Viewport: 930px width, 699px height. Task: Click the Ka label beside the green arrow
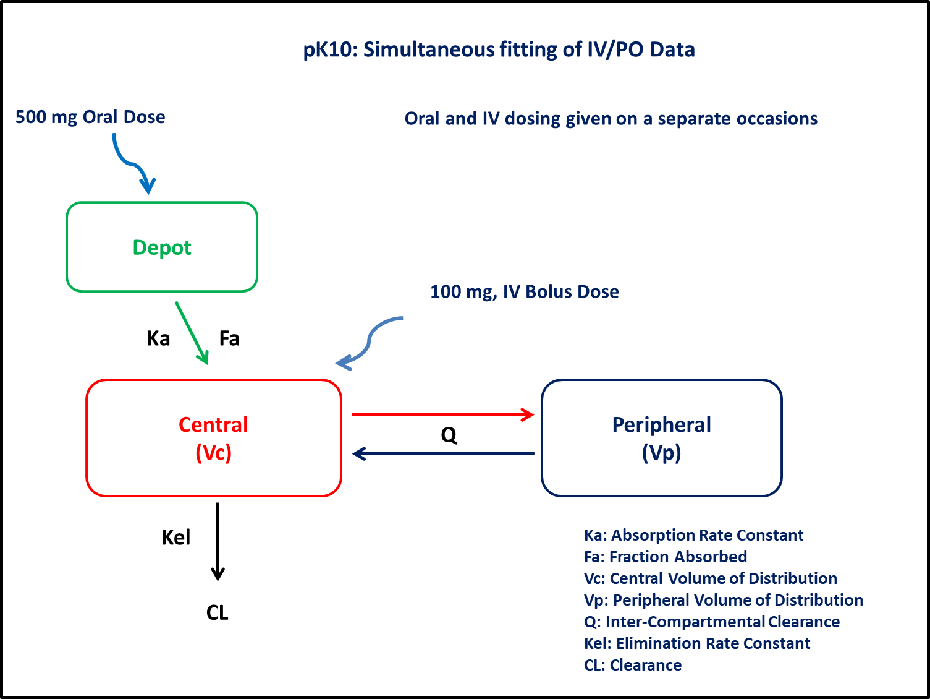coord(158,338)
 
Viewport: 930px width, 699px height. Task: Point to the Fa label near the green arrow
coord(229,338)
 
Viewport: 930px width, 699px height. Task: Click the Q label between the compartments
coord(449,435)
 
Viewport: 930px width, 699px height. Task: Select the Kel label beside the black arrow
coord(176,538)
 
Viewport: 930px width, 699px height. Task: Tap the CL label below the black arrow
coord(218,612)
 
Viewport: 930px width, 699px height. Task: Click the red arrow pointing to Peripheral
coord(443,414)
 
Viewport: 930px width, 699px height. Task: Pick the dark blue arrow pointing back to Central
coord(443,454)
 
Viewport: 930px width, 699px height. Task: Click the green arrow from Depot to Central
coord(192,333)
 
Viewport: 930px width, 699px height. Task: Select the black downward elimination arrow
coord(218,542)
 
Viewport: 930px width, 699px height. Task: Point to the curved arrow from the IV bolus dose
coord(370,340)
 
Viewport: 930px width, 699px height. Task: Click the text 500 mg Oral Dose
coord(90,117)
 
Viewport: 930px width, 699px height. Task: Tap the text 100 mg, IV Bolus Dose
coord(525,292)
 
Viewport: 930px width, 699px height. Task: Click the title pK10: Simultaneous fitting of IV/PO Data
coord(499,49)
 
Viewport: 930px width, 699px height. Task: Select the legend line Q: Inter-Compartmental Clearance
coord(712,622)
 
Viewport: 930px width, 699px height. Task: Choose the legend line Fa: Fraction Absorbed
coord(665,557)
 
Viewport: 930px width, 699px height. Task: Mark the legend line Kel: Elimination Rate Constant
coord(697,643)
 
